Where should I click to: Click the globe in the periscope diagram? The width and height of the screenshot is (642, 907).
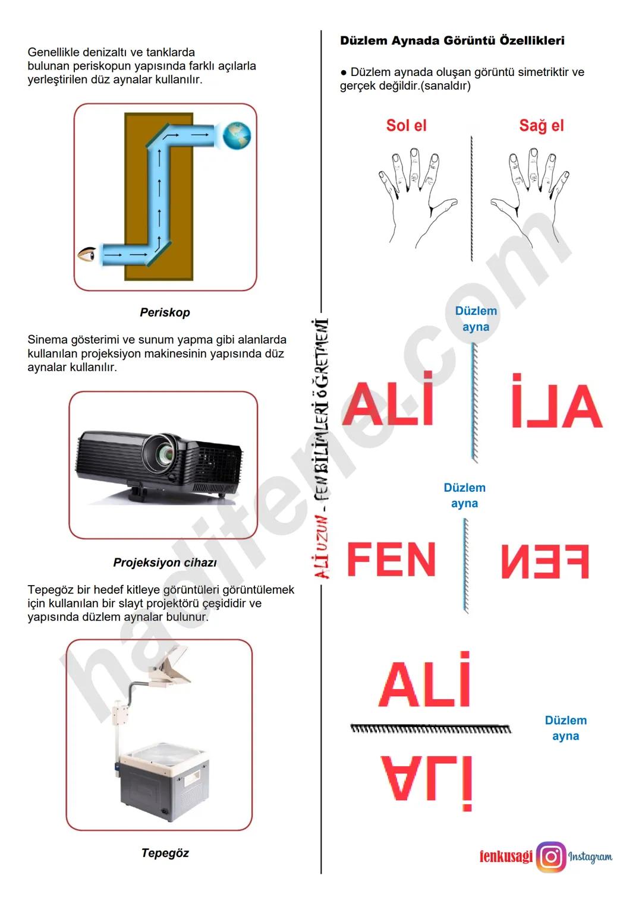click(237, 136)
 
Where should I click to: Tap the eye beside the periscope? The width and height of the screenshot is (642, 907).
click(87, 254)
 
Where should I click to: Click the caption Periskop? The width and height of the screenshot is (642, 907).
click(165, 312)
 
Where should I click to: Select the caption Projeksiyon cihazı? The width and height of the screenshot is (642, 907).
click(165, 562)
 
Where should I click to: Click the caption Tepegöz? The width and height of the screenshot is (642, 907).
click(165, 853)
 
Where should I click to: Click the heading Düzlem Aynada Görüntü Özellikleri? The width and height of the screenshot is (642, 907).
click(452, 41)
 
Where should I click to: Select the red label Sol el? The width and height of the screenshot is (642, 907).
click(406, 126)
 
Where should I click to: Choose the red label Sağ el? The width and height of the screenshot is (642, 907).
click(541, 126)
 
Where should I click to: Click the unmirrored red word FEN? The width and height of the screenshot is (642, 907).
click(391, 560)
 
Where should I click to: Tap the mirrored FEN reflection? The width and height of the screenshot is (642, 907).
click(545, 561)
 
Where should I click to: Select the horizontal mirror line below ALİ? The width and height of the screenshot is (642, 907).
click(430, 728)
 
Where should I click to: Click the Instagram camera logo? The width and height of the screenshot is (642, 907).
click(551, 857)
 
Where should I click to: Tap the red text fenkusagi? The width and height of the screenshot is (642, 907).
click(506, 857)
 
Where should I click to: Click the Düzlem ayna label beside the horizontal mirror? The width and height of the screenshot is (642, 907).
click(565, 728)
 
